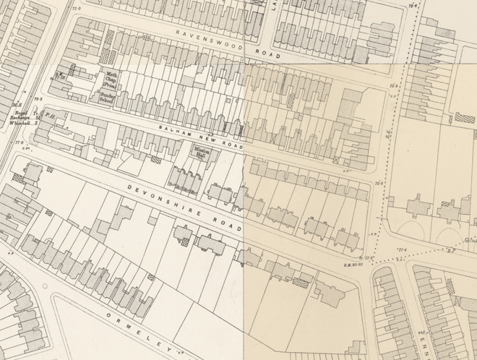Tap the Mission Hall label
click(201, 153)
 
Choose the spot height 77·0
click(20, 142)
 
